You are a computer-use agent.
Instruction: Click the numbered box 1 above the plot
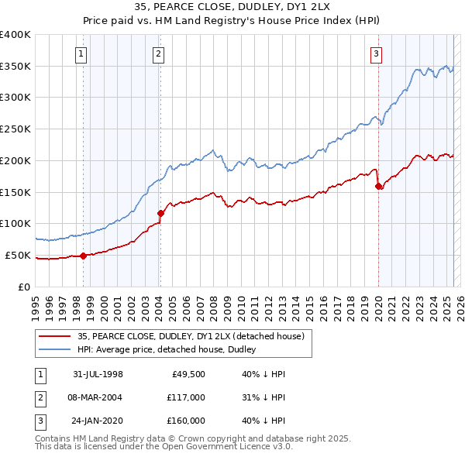point(81,53)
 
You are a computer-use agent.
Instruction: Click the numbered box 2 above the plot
point(158,53)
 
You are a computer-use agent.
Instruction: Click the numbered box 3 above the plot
point(376,53)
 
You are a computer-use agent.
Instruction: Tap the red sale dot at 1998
point(84,256)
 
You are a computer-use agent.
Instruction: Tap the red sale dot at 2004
point(160,213)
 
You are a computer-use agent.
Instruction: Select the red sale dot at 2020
point(378,186)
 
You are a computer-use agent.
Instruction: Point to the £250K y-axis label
point(15,129)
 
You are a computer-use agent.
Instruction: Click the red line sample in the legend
point(55,336)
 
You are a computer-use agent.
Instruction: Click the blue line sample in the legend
point(55,349)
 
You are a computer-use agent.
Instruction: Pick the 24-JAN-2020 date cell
point(98,421)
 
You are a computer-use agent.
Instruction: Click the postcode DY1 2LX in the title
point(305,7)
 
